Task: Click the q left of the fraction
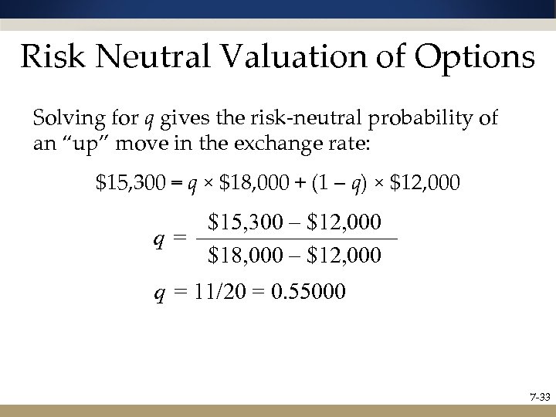[x=158, y=239]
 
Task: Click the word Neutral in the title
[x=144, y=57]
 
